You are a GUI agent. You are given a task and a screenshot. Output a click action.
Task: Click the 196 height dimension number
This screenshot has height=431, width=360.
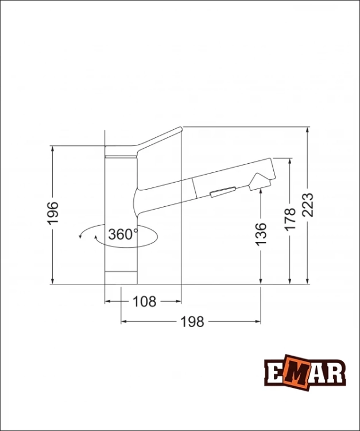click(x=53, y=213)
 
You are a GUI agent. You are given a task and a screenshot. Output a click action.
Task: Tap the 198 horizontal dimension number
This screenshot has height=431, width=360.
click(x=192, y=322)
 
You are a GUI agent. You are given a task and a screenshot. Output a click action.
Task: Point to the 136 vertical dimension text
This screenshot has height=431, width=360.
click(x=261, y=233)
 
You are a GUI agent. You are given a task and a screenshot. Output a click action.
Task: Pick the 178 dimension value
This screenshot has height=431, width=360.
click(x=290, y=219)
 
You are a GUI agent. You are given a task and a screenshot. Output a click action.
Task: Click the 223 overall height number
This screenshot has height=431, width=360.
click(x=308, y=205)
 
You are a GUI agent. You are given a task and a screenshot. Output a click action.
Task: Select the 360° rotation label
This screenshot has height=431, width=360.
click(x=122, y=234)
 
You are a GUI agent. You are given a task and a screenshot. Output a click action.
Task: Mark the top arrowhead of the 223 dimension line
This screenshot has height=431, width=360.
click(x=308, y=130)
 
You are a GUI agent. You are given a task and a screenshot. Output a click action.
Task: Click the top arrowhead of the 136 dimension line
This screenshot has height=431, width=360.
click(x=261, y=191)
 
